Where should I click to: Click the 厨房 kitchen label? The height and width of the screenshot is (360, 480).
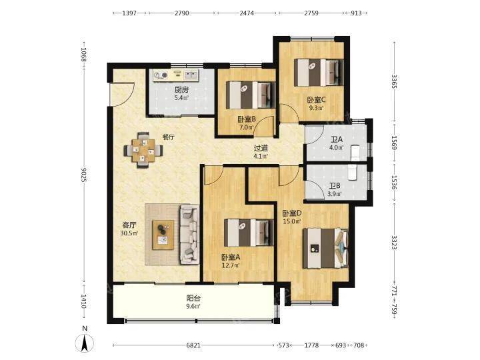point(181,90)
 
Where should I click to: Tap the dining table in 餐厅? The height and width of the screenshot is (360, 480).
point(143,150)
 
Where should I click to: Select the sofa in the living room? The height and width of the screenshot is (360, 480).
point(189,235)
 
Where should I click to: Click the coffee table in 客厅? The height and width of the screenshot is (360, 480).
point(163,235)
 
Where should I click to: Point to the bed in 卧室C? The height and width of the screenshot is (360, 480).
point(319,73)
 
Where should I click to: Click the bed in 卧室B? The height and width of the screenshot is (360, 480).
point(250,95)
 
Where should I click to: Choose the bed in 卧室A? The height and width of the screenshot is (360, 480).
point(249,233)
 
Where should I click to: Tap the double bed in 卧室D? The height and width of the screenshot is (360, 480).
point(326,248)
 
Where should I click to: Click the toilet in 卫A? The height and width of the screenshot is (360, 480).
point(356,153)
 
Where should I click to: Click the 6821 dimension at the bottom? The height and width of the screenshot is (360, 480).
point(193,345)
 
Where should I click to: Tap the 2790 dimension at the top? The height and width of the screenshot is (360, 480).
point(182,13)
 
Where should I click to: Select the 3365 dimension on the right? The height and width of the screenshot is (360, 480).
point(394,81)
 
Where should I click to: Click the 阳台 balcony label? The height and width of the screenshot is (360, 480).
point(193,298)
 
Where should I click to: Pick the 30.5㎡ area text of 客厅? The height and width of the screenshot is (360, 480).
point(129,233)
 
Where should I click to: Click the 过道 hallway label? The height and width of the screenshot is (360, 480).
point(261,149)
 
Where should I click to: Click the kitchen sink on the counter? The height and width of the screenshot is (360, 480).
point(191,75)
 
